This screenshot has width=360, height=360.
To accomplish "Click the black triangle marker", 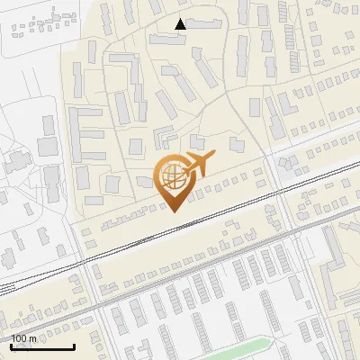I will pyautogui.click(x=181, y=24).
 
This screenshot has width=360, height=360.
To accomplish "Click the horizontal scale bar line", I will pyautogui.click(x=42, y=346).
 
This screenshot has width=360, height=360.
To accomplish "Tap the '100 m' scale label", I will pyautogui.click(x=24, y=338).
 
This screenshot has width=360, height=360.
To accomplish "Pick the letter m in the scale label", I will pyautogui.click(x=32, y=338).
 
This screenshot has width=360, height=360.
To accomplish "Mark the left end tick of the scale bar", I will pyautogui.click(x=12, y=345).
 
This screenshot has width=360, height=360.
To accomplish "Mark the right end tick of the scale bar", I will pyautogui.click(x=74, y=345).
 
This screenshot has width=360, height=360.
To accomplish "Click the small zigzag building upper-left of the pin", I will pyautogui.click(x=165, y=136).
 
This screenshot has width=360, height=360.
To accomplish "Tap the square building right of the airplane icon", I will pyautogui.click(x=237, y=144).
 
